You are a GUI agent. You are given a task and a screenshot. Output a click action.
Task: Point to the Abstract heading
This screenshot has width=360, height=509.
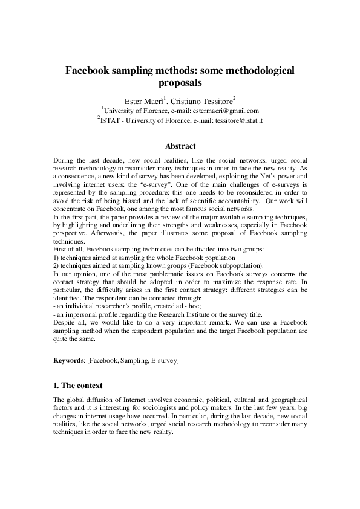point(180,146)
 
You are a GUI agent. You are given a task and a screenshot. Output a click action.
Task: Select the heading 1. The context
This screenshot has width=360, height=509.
point(78,385)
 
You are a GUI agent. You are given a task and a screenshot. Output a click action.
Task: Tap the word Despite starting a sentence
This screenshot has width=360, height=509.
point(65,323)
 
